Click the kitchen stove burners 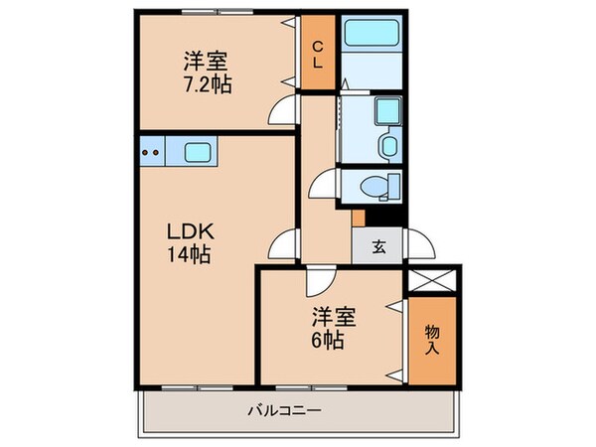click(x=151, y=153)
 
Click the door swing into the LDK click(x=285, y=241)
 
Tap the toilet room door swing click(x=323, y=184)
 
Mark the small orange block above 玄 click(x=358, y=218)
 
